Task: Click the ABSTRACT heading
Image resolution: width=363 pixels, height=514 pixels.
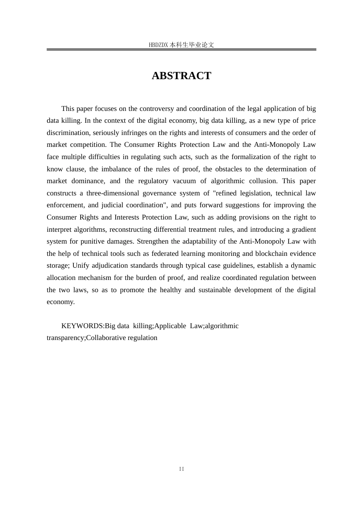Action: pyautogui.click(x=181, y=76)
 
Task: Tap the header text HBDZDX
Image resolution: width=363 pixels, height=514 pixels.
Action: pyautogui.click(x=158, y=45)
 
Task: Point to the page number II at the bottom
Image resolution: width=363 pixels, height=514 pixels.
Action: pyautogui.click(x=181, y=469)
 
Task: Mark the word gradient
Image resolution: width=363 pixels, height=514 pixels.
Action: pyautogui.click(x=304, y=229)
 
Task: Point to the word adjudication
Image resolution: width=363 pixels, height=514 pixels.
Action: pyautogui.click(x=109, y=265)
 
